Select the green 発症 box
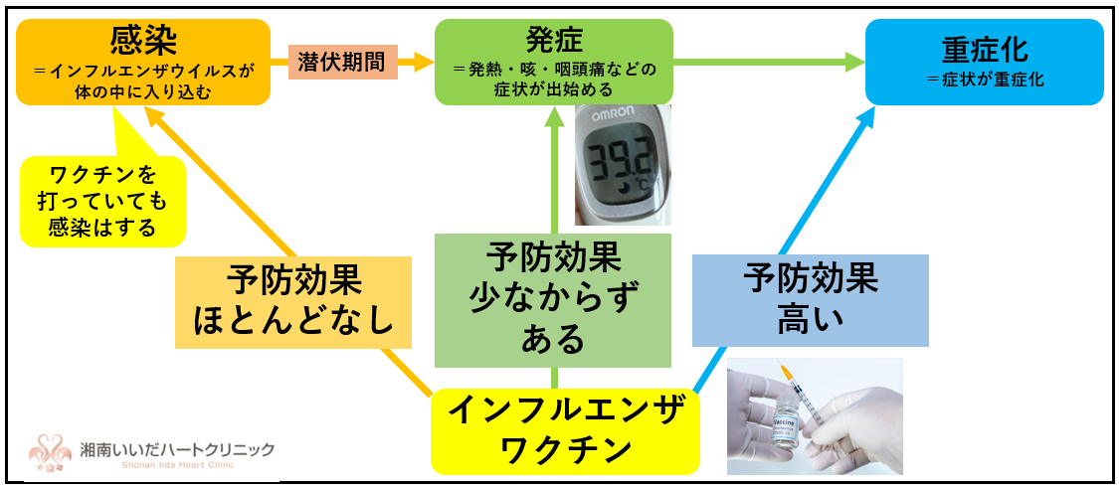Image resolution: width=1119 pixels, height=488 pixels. click(554, 62)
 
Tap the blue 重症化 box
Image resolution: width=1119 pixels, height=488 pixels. click(984, 62)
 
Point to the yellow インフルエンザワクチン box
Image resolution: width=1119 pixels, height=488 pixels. click(565, 430)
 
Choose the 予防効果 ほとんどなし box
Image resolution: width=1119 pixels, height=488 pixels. click(293, 302)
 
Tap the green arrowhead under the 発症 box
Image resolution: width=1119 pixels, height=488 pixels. click(554, 116)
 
